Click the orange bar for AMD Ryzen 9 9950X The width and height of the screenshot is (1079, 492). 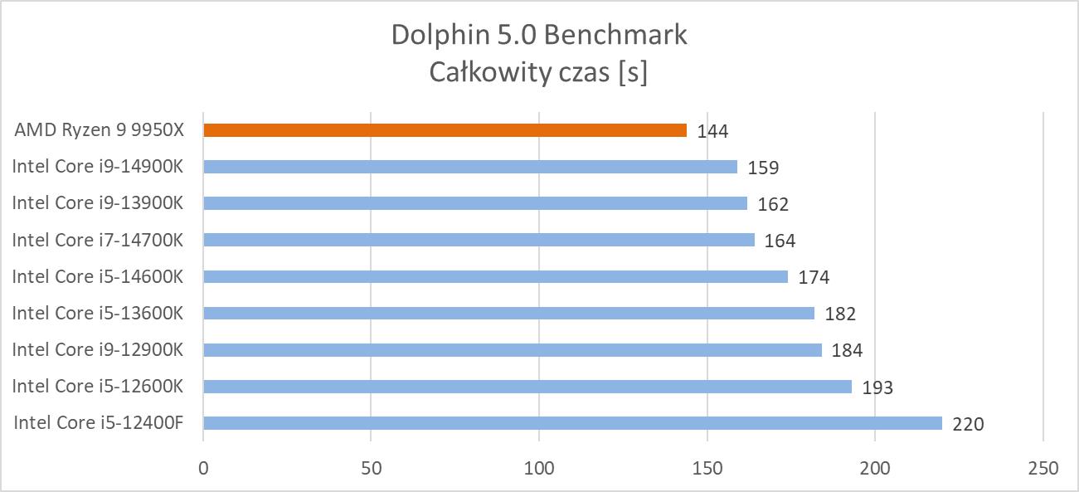click(445, 130)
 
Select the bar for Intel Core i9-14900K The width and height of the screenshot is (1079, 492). click(470, 167)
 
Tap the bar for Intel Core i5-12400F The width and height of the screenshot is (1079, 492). click(572, 423)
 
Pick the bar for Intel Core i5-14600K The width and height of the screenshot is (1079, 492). click(495, 276)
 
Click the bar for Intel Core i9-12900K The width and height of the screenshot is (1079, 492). click(512, 350)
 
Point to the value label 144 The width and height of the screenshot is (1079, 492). click(712, 131)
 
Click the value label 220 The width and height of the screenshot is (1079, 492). click(968, 424)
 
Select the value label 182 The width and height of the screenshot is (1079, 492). click(840, 314)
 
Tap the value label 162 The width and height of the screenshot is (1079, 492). click(773, 204)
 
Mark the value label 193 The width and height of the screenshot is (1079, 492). click(877, 387)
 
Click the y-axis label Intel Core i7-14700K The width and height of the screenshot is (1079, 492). click(97, 240)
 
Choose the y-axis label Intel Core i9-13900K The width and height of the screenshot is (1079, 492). click(97, 203)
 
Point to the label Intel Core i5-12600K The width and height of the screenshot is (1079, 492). click(97, 387)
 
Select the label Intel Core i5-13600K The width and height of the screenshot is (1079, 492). click(97, 313)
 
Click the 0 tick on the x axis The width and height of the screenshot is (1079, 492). click(203, 469)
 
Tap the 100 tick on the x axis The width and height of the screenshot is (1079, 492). click(539, 469)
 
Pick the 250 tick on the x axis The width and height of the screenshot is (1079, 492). click(1043, 469)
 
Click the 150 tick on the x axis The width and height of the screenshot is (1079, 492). click(707, 469)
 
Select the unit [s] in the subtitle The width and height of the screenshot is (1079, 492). click(632, 73)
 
